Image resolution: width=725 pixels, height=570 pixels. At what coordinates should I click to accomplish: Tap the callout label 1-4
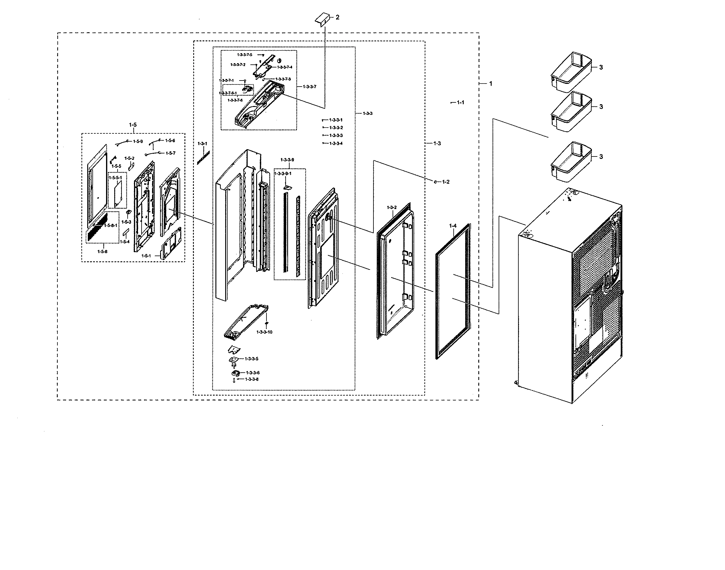point(452,226)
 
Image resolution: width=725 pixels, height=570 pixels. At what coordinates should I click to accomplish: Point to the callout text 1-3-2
point(392,208)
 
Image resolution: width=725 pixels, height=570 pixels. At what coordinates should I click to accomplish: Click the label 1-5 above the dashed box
point(132,125)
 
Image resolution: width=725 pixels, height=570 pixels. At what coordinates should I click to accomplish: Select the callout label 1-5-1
point(146,256)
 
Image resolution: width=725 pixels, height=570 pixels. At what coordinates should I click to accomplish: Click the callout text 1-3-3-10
point(264,332)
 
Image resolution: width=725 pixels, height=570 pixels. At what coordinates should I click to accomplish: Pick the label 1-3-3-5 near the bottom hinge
point(251,359)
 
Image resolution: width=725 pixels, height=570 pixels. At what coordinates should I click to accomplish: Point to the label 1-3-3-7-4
point(284,67)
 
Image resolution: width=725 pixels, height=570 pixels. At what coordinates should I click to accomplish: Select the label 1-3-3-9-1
point(283,174)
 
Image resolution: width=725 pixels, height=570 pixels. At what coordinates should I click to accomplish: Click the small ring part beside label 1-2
point(436,182)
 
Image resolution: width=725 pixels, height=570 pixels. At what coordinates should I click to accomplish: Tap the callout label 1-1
point(460,102)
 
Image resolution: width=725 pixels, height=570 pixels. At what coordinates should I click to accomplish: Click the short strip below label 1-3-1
point(203,157)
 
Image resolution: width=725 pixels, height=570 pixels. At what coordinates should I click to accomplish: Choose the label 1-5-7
point(170,153)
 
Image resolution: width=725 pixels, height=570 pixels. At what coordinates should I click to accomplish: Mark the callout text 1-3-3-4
point(336,143)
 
